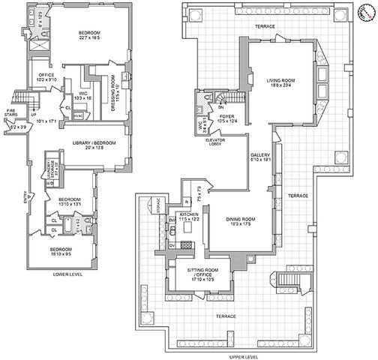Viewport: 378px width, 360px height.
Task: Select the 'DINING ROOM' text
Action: pos(241,220)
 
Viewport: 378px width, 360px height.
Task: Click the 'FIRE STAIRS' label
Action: pos(11,114)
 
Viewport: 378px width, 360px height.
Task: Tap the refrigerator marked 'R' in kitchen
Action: pos(184,203)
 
